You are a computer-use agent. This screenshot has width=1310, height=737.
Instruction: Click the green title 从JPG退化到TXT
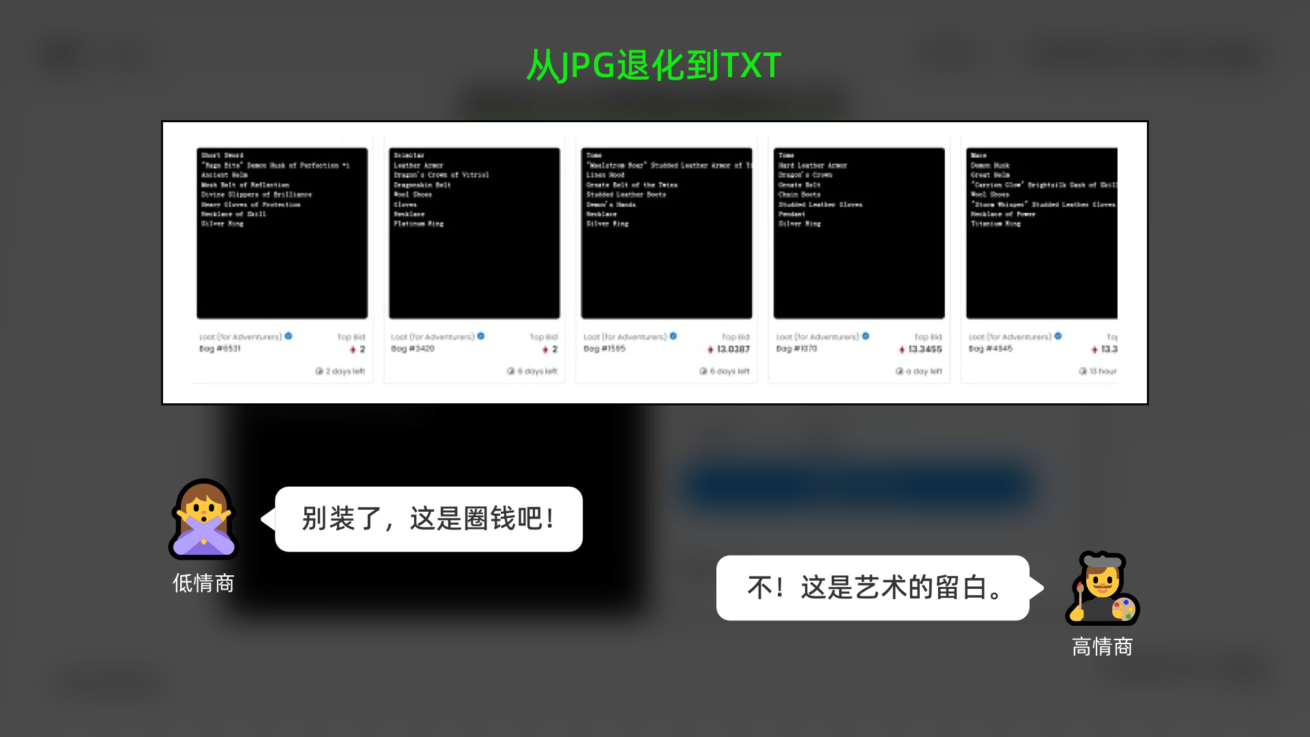(654, 66)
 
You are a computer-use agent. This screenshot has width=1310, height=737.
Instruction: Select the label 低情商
(203, 583)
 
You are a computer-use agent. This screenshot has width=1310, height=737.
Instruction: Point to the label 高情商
(1102, 647)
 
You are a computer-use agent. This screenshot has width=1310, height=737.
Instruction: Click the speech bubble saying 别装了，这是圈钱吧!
(428, 519)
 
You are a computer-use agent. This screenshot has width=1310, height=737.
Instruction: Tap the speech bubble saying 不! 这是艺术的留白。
(873, 588)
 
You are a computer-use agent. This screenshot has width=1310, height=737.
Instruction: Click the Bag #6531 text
(220, 349)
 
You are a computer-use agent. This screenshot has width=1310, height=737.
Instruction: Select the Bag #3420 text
(412, 349)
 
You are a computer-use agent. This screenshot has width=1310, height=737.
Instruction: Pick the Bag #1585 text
(605, 349)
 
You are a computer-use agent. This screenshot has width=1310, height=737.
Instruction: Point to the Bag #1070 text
(796, 349)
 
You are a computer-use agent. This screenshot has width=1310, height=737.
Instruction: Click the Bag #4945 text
(990, 349)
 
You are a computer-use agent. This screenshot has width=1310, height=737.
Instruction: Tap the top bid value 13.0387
(733, 349)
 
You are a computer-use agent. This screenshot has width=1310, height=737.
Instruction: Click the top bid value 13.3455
(925, 349)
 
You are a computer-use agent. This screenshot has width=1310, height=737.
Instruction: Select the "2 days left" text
(345, 371)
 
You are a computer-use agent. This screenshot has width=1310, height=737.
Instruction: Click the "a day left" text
(923, 371)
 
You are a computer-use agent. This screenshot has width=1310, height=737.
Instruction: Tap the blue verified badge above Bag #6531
(289, 336)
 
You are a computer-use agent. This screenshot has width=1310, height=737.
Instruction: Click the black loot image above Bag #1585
(667, 233)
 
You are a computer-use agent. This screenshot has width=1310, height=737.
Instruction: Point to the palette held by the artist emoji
(1122, 609)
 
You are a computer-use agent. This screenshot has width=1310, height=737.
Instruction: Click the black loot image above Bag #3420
(474, 233)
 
